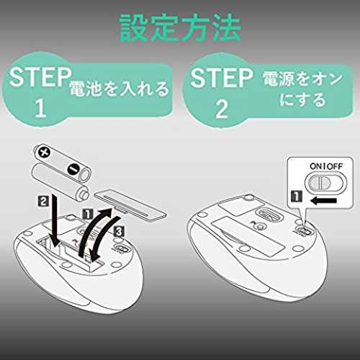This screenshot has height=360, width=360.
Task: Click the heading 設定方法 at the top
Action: (181, 28)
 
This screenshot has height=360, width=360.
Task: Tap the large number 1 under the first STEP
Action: (40, 108)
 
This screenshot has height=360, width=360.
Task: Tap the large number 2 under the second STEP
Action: (222, 109)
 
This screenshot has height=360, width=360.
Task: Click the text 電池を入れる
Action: (119, 89)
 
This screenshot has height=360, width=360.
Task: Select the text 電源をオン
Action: (302, 78)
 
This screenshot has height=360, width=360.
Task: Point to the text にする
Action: (303, 99)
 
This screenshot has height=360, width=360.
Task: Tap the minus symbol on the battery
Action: (73, 169)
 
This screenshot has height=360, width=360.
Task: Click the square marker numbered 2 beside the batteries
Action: (43, 201)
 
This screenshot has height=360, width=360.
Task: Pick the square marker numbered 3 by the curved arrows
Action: (120, 232)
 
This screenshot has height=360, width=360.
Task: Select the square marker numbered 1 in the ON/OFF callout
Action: (297, 196)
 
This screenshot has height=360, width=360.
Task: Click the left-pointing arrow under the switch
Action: (323, 201)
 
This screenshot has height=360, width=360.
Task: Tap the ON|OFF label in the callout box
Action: (326, 166)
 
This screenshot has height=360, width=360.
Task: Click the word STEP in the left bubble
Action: (40, 77)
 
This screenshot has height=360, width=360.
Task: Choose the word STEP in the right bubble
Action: (221, 78)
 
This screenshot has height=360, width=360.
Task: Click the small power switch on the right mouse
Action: (305, 231)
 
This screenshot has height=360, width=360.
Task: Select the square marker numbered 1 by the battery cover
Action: (88, 214)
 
